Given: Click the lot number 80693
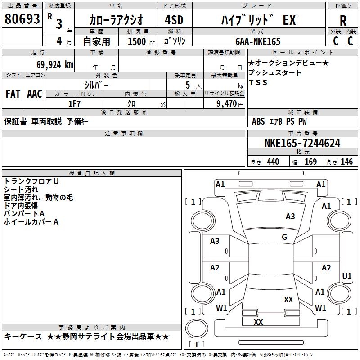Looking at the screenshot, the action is pyautogui.click(x=22, y=20).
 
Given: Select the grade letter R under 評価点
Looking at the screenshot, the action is pyautogui.click(x=343, y=21).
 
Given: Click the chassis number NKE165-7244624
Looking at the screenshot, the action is pyautogui.click(x=302, y=144).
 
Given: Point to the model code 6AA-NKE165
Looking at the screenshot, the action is pyautogui.click(x=257, y=41).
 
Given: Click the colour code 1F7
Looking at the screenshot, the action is pyautogui.click(x=74, y=103).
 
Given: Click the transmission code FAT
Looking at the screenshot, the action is pyautogui.click(x=13, y=94).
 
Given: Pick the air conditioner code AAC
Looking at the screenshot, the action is pyautogui.click(x=34, y=94).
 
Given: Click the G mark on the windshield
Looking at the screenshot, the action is pyautogui.click(x=284, y=237).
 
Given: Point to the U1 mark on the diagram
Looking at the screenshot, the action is pyautogui.click(x=347, y=276).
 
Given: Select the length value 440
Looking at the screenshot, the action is pyautogui.click(x=273, y=162).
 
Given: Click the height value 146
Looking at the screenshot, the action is pyautogui.click(x=346, y=162).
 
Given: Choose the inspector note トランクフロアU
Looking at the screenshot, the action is pyautogui.click(x=31, y=181).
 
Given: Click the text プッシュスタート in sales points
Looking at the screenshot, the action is pyautogui.click(x=275, y=73).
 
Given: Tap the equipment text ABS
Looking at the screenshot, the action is pyautogui.click(x=258, y=121).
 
